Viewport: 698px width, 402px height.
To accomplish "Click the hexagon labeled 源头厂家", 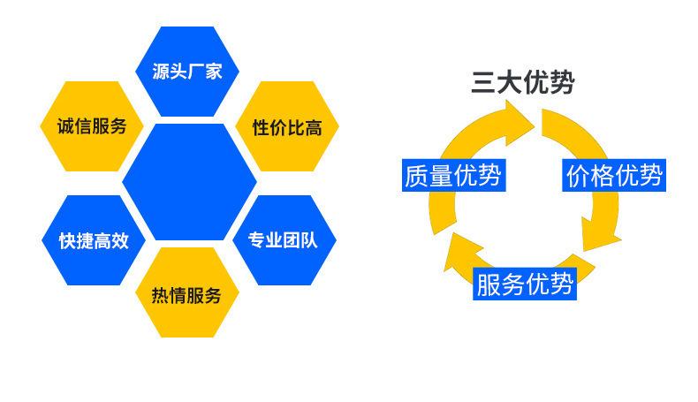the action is [x=187, y=72].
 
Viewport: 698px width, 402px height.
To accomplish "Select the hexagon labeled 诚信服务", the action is [x=85, y=125].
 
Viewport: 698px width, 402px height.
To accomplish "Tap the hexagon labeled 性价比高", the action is [x=287, y=127].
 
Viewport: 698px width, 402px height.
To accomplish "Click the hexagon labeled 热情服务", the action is [x=187, y=294].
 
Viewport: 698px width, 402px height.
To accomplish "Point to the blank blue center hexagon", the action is [x=188, y=183].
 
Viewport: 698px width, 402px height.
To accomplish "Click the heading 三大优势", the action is [x=522, y=83].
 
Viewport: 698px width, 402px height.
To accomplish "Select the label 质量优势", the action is [x=451, y=176].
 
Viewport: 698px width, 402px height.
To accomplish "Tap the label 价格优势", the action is [x=614, y=176].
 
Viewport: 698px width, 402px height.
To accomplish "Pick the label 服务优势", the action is [x=525, y=284].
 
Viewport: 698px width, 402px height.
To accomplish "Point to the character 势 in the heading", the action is [x=562, y=83].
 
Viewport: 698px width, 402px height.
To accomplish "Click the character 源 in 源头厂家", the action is [x=162, y=72].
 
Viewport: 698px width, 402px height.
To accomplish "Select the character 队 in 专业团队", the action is [x=314, y=239].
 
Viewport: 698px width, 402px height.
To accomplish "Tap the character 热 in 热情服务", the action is [x=162, y=294].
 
